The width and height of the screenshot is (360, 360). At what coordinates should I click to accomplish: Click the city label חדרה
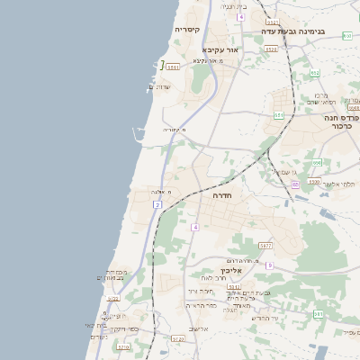[x=222, y=194]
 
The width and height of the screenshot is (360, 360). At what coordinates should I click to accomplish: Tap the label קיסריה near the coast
[x=186, y=30]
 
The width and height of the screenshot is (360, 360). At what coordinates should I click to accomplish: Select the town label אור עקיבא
[x=220, y=49]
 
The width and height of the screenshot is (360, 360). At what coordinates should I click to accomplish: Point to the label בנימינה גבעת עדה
[x=292, y=31]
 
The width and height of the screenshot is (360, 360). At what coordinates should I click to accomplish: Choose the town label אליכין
[x=232, y=270]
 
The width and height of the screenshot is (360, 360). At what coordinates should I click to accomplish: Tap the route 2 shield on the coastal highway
[x=157, y=205]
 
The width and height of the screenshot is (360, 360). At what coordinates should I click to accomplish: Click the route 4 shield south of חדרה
[x=194, y=227]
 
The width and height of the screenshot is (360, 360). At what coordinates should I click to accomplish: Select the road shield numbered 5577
[x=265, y=245]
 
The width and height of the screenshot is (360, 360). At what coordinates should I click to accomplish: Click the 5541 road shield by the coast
[x=173, y=67]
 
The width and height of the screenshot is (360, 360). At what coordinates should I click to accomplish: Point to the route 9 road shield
[x=268, y=265]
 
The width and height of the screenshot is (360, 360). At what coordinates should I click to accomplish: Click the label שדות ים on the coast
[x=159, y=86]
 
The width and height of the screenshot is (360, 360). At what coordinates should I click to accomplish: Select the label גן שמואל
[x=283, y=172]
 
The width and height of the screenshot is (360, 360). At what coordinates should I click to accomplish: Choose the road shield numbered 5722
[x=114, y=300]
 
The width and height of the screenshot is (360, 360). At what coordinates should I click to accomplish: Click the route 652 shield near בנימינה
[x=315, y=73]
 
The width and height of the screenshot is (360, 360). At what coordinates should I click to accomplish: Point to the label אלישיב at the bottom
[x=198, y=329]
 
